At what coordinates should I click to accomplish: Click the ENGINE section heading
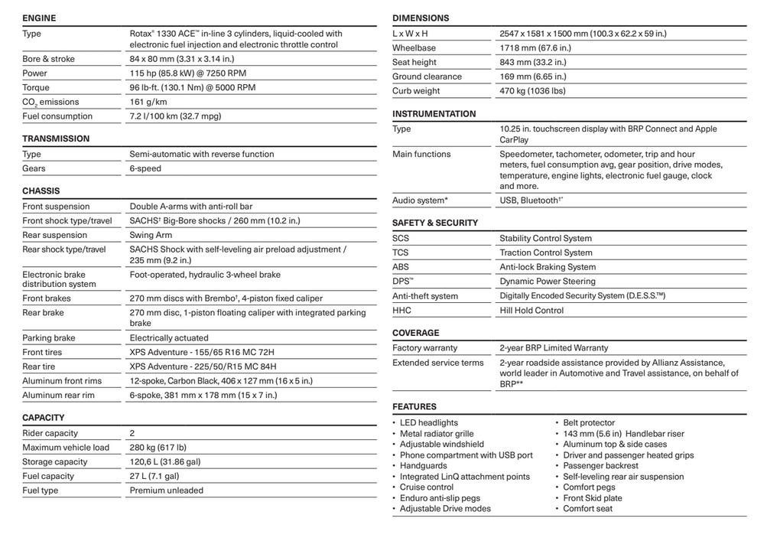(x=39, y=18)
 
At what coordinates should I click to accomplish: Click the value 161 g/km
(x=148, y=102)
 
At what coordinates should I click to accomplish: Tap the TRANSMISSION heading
(x=56, y=138)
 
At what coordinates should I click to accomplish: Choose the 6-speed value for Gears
(x=145, y=168)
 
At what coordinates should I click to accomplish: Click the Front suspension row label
(x=56, y=207)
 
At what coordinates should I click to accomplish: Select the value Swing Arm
(x=151, y=235)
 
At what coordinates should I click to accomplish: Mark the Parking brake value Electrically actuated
(x=168, y=337)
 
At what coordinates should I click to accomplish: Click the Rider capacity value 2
(x=132, y=433)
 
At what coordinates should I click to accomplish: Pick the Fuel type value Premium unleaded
(x=166, y=490)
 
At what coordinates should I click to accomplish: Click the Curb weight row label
(x=416, y=91)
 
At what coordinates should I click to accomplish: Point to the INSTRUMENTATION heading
(x=434, y=114)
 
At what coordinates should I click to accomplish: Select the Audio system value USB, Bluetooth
(x=530, y=200)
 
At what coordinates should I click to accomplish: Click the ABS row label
(x=401, y=267)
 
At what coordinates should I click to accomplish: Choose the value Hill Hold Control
(x=531, y=311)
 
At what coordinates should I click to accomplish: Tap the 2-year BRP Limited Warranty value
(x=554, y=348)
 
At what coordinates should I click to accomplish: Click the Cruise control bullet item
(x=427, y=487)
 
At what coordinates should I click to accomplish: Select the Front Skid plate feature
(x=593, y=498)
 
